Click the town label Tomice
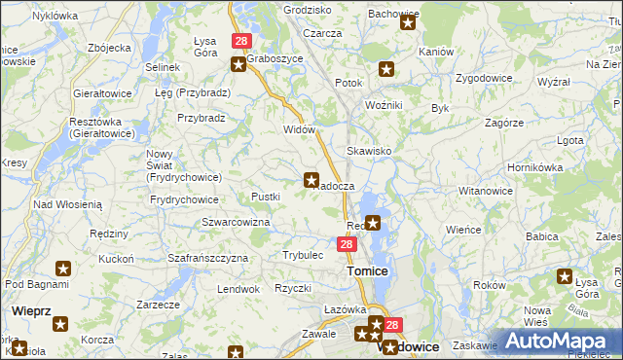(x=367, y=270)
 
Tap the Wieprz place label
(x=33, y=310)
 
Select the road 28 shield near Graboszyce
(x=241, y=41)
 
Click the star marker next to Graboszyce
(x=238, y=64)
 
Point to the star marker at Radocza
(x=311, y=179)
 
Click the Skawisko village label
(x=369, y=152)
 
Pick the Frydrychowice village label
(x=184, y=198)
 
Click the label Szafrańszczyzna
(x=208, y=258)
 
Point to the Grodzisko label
(x=307, y=9)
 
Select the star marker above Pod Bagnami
(x=63, y=269)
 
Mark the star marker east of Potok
(x=386, y=69)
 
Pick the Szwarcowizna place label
(x=236, y=222)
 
